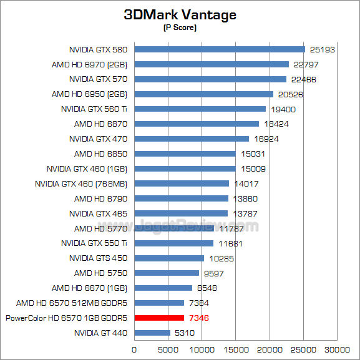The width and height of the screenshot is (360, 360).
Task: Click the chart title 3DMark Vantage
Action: (x=180, y=15)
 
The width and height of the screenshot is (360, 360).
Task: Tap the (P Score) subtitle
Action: (x=180, y=28)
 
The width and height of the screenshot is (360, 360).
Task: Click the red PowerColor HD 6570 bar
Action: (x=159, y=318)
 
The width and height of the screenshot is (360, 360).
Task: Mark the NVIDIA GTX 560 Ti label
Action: (x=94, y=109)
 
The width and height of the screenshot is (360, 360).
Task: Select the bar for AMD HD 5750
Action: (x=167, y=273)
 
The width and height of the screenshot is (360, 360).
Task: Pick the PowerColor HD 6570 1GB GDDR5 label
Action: (x=66, y=318)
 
